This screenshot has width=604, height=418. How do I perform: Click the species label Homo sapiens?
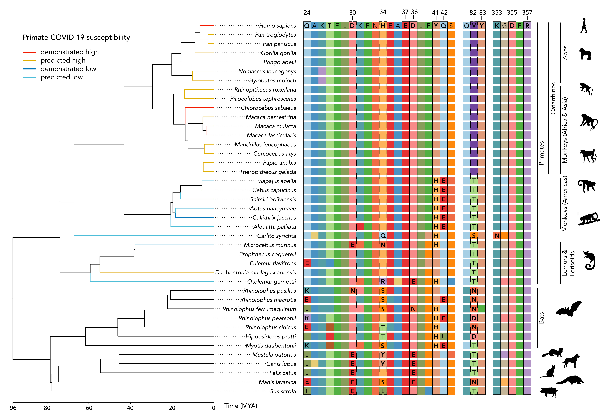[x=277, y=26]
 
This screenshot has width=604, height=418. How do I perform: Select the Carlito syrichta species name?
[x=276, y=236]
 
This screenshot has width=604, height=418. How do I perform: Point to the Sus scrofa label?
[x=283, y=391]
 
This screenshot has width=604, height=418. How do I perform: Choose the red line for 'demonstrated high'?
[x=29, y=52]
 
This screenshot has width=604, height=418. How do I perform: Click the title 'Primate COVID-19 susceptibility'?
[x=76, y=37]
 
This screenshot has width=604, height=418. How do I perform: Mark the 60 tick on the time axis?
[x=89, y=408]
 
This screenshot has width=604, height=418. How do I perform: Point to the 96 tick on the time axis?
[x=13, y=408]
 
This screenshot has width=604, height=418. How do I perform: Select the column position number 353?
[x=497, y=13]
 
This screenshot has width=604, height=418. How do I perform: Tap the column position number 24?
[x=307, y=13]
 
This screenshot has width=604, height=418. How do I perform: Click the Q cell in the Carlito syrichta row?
[x=383, y=236]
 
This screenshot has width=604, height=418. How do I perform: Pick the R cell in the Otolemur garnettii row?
[x=383, y=282]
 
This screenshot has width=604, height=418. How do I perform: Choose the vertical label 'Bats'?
[x=541, y=318]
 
